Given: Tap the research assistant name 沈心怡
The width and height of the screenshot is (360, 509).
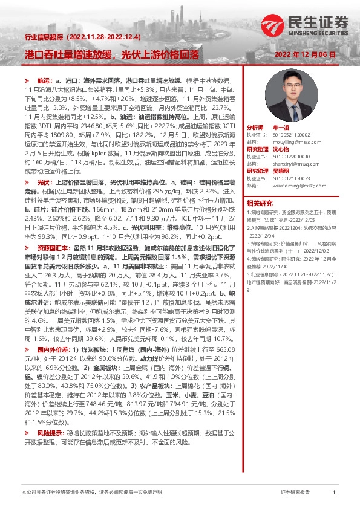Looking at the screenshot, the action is click(282, 148).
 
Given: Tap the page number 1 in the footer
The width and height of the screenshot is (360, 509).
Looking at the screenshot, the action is click(334, 493).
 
